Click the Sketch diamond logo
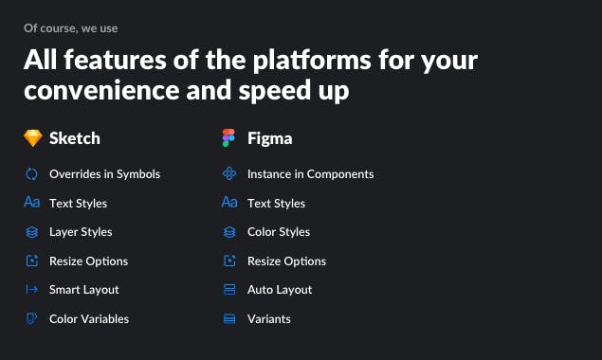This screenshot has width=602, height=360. click(32, 138)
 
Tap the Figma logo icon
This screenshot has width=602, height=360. click(228, 138)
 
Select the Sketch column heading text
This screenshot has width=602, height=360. click(74, 138)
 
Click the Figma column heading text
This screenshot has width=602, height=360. click(269, 138)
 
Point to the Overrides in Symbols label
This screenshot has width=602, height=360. click(104, 174)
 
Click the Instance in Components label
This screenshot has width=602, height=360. click(310, 174)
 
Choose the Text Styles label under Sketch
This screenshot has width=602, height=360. click(78, 203)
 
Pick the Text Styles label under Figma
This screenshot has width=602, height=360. click(276, 203)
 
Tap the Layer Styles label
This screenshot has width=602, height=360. click(81, 232)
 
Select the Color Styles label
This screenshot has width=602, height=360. click(279, 232)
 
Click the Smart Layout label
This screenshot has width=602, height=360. click(84, 290)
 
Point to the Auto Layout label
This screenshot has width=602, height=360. click(280, 290)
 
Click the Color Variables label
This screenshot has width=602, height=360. click(89, 319)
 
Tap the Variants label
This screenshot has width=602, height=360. click(269, 319)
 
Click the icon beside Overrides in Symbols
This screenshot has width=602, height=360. click(31, 174)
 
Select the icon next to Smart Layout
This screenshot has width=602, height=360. click(31, 290)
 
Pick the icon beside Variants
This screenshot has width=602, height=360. click(228, 319)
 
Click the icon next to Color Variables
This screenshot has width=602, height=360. click(31, 319)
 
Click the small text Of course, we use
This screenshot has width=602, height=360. click(71, 28)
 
